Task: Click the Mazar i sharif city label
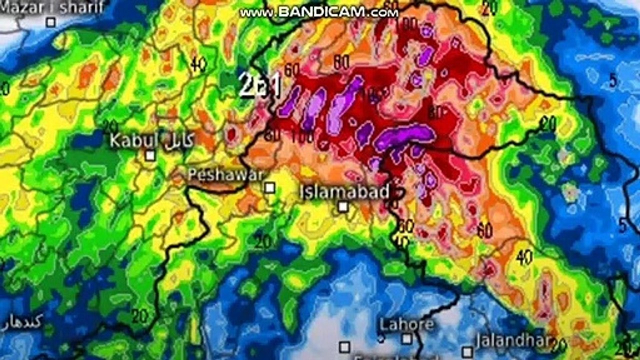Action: click(52, 7)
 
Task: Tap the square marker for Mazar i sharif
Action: click(50, 21)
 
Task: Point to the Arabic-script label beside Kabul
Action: click(177, 140)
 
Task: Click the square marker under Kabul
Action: click(150, 155)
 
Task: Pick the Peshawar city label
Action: click(225, 174)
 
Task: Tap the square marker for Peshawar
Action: click(269, 187)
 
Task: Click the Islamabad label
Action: click(345, 191)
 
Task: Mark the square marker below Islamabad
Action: click(342, 206)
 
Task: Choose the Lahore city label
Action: click(406, 324)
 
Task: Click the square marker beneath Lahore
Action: click(407, 339)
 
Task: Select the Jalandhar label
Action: click(513, 341)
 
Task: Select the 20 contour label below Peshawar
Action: click(262, 242)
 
